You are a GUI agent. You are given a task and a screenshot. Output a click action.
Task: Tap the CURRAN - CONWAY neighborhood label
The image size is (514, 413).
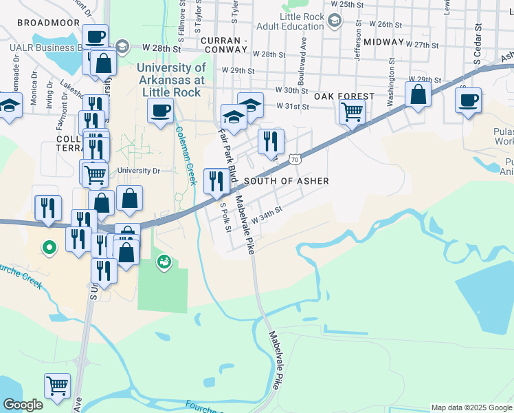234,41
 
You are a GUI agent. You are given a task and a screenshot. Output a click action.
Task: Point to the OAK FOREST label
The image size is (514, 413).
344,97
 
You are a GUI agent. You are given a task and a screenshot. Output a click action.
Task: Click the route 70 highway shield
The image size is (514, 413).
294,160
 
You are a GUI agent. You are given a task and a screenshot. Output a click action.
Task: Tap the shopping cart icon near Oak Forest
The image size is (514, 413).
352,110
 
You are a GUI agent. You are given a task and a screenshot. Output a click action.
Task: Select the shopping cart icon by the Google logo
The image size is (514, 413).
57,385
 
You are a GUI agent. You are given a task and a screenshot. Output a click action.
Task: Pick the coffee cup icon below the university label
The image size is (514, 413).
160,109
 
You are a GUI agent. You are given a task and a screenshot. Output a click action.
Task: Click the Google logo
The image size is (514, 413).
23,405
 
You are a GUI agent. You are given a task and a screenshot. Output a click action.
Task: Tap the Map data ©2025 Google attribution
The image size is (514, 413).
471,407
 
